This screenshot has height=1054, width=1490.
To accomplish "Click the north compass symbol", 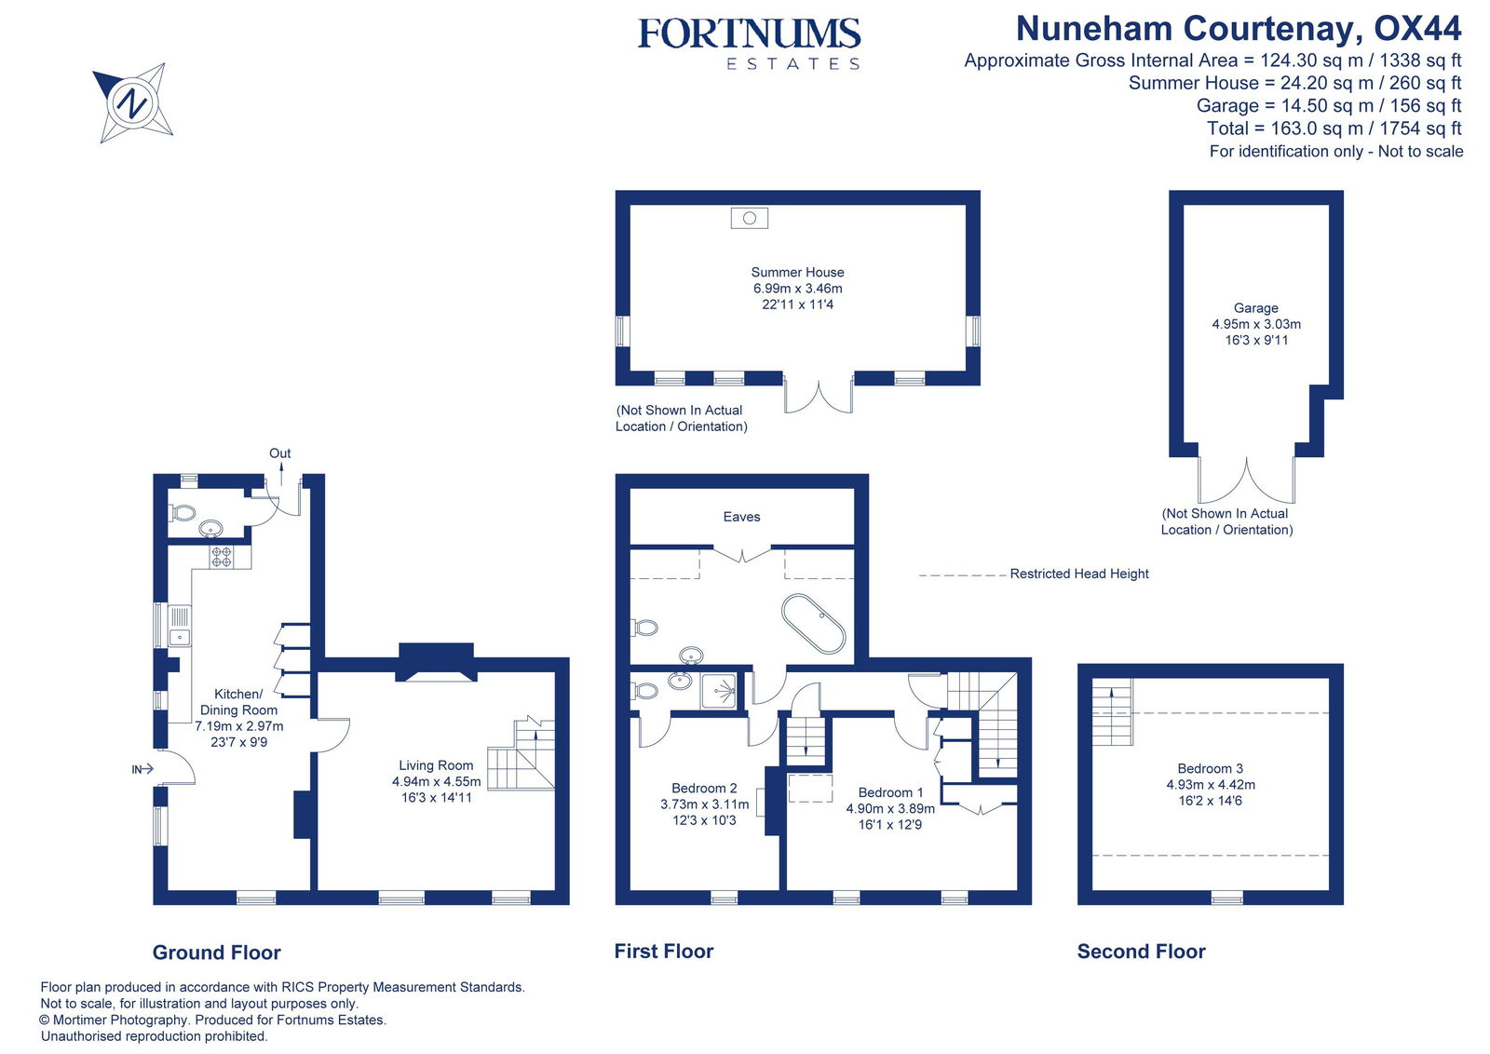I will [132, 101].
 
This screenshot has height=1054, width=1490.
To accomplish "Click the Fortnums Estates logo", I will [749, 43].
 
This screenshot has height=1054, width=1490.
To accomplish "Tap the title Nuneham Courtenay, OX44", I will [1238, 29].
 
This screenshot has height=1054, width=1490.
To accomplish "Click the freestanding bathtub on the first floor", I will [813, 623].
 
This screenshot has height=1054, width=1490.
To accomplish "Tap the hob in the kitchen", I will [222, 557].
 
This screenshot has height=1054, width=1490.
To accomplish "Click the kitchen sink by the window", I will [180, 626].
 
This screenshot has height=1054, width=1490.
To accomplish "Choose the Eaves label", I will [741, 517].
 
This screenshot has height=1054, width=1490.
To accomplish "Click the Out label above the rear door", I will [279, 453].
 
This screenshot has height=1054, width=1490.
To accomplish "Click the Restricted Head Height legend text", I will [1078, 574].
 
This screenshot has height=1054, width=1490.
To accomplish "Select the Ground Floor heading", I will [216, 953].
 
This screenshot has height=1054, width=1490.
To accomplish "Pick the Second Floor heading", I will [1141, 952].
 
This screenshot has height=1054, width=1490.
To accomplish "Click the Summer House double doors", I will [819, 395].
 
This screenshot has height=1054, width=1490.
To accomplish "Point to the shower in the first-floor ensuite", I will [719, 690].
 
